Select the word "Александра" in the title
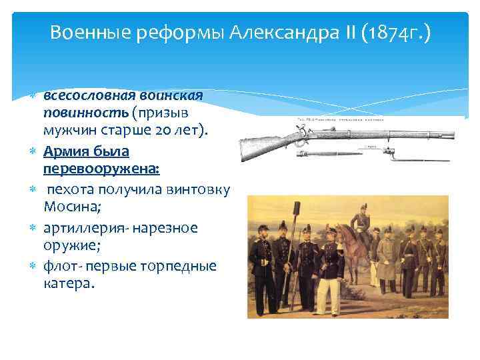[279, 32]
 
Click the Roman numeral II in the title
[344, 32]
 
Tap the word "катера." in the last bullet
[70, 283]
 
